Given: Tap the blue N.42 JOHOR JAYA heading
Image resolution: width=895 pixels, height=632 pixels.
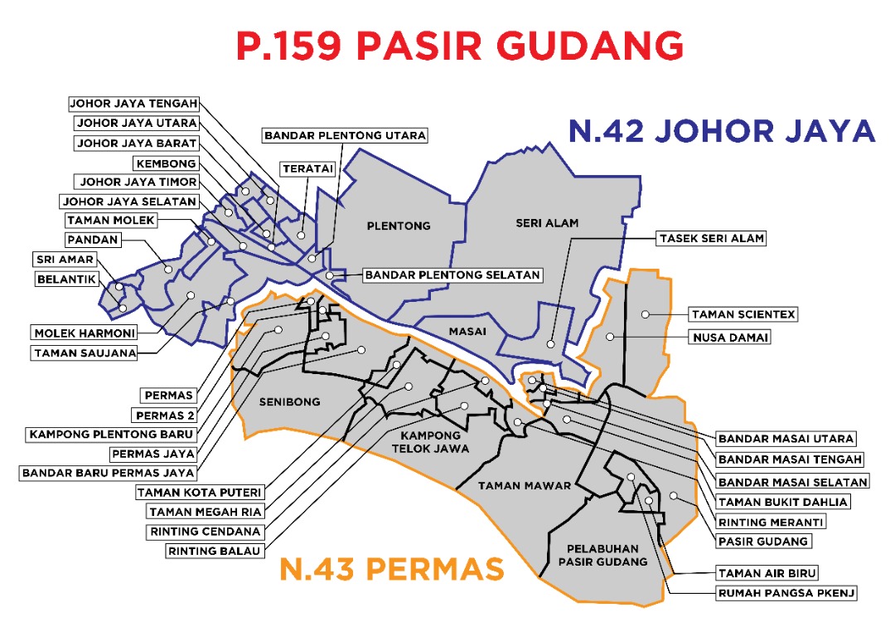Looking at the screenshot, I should [x=721, y=131].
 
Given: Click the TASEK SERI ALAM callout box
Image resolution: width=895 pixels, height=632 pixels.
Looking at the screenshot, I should [x=712, y=238].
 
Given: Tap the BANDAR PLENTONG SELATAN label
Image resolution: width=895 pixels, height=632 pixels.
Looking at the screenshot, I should [x=452, y=275].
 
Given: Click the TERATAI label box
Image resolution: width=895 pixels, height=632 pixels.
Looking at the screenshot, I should [x=307, y=168].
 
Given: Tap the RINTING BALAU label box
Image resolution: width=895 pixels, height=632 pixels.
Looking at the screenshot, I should [x=215, y=550].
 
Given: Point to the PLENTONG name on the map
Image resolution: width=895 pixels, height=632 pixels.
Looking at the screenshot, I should [x=399, y=226].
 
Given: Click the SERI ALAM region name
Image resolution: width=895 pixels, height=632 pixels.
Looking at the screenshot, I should [x=546, y=222].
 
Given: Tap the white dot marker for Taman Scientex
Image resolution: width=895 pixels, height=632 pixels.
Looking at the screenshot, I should [x=644, y=314].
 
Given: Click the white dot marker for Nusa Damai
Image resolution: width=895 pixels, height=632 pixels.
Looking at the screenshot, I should [x=609, y=336].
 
